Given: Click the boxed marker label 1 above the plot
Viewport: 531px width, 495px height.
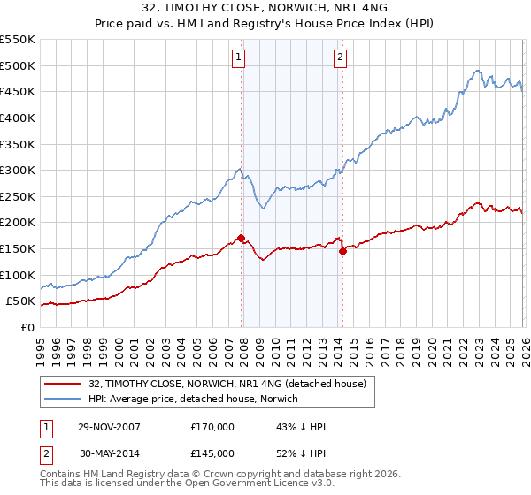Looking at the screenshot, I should [x=239, y=58].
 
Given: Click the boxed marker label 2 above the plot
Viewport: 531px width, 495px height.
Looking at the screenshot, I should [x=340, y=58].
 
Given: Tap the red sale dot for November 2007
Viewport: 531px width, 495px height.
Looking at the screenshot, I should [x=242, y=238].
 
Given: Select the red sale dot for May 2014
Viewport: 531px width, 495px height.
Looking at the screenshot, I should [x=342, y=251].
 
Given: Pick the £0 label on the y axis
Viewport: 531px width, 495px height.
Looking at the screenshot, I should [x=27, y=327].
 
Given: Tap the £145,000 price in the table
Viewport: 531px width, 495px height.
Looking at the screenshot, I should [x=212, y=453].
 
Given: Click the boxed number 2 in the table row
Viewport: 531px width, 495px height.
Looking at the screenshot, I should [x=45, y=453].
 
